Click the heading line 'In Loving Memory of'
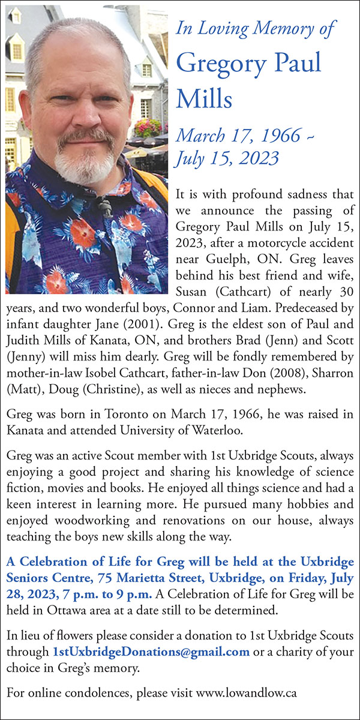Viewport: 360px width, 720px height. tap(256, 28)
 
